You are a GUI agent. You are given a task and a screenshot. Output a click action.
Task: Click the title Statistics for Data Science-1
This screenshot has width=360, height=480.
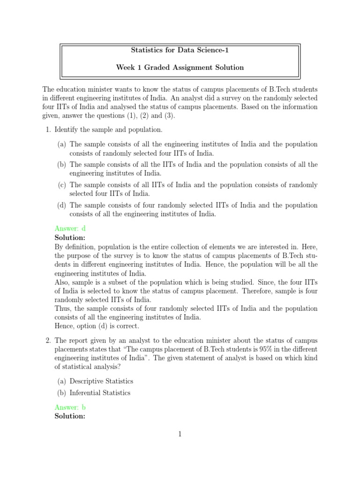pos(180,50)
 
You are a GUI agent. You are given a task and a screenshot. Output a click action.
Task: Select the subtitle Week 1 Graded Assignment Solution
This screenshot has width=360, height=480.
pos(180,67)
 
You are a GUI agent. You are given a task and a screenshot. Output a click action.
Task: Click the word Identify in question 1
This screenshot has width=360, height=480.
pos(66,129)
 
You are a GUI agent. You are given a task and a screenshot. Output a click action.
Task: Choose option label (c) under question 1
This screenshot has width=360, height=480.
pos(62,185)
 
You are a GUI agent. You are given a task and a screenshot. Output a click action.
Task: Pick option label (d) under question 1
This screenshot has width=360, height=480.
pos(62,205)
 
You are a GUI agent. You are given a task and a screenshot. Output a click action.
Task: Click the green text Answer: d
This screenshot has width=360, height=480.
pos(70,229)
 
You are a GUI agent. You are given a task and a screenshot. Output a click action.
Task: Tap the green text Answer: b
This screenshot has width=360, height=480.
pos(70,407)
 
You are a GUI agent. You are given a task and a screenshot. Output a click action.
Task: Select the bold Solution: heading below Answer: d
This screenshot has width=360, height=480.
pos(70,238)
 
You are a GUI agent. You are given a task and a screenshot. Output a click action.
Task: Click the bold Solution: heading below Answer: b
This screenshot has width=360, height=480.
pos(70,416)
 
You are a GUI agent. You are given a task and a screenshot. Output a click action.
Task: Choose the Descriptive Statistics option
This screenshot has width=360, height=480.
pos(101,381)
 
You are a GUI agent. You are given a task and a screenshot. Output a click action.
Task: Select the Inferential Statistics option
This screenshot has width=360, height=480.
pos(100,393)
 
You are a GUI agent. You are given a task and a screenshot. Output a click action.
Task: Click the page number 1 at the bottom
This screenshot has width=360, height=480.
pos(180,434)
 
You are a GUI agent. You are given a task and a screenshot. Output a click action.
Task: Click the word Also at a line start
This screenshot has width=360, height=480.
pos(62,282)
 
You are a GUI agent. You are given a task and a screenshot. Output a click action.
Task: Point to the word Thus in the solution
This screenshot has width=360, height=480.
pos(63,308)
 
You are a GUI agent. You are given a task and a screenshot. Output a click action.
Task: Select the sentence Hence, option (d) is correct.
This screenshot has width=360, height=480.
pos(97,326)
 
